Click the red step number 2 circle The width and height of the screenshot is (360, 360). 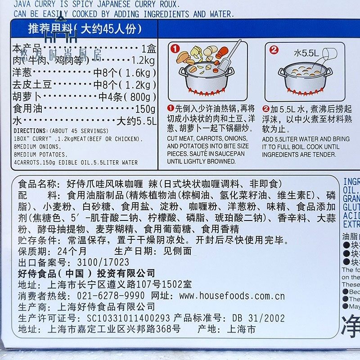pos(274,49)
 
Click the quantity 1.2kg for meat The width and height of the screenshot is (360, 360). pos(143,60)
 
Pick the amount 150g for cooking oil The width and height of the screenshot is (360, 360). pos(145,109)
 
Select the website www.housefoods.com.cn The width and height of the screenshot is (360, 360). pos(232,296)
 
